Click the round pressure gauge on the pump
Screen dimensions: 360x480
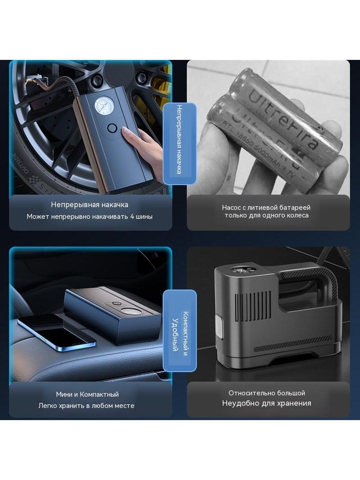103,108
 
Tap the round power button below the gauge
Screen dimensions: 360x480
112,128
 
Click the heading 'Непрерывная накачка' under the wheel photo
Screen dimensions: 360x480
89,204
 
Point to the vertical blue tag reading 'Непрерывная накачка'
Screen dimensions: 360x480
180,144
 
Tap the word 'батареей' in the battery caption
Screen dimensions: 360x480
296,208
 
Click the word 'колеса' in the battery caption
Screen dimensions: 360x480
297,215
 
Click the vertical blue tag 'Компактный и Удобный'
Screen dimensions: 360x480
180,331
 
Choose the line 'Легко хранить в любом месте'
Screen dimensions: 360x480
86,406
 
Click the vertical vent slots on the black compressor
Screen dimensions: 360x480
253,306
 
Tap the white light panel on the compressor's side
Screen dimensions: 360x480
219,327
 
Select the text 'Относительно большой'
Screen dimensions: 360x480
267,393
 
